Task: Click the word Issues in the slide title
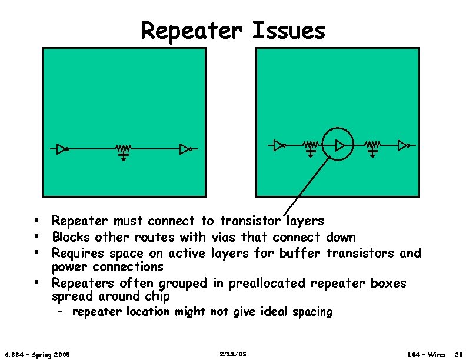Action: tap(288, 31)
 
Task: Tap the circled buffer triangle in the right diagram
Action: tap(339, 145)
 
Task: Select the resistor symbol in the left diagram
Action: tap(123, 148)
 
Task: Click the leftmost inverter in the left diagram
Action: tap(63, 149)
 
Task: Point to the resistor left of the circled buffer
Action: tap(311, 144)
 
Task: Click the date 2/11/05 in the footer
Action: tap(232, 354)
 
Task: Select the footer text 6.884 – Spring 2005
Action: tap(37, 355)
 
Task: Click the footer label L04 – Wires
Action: tap(427, 355)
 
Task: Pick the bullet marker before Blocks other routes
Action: tap(36, 237)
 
